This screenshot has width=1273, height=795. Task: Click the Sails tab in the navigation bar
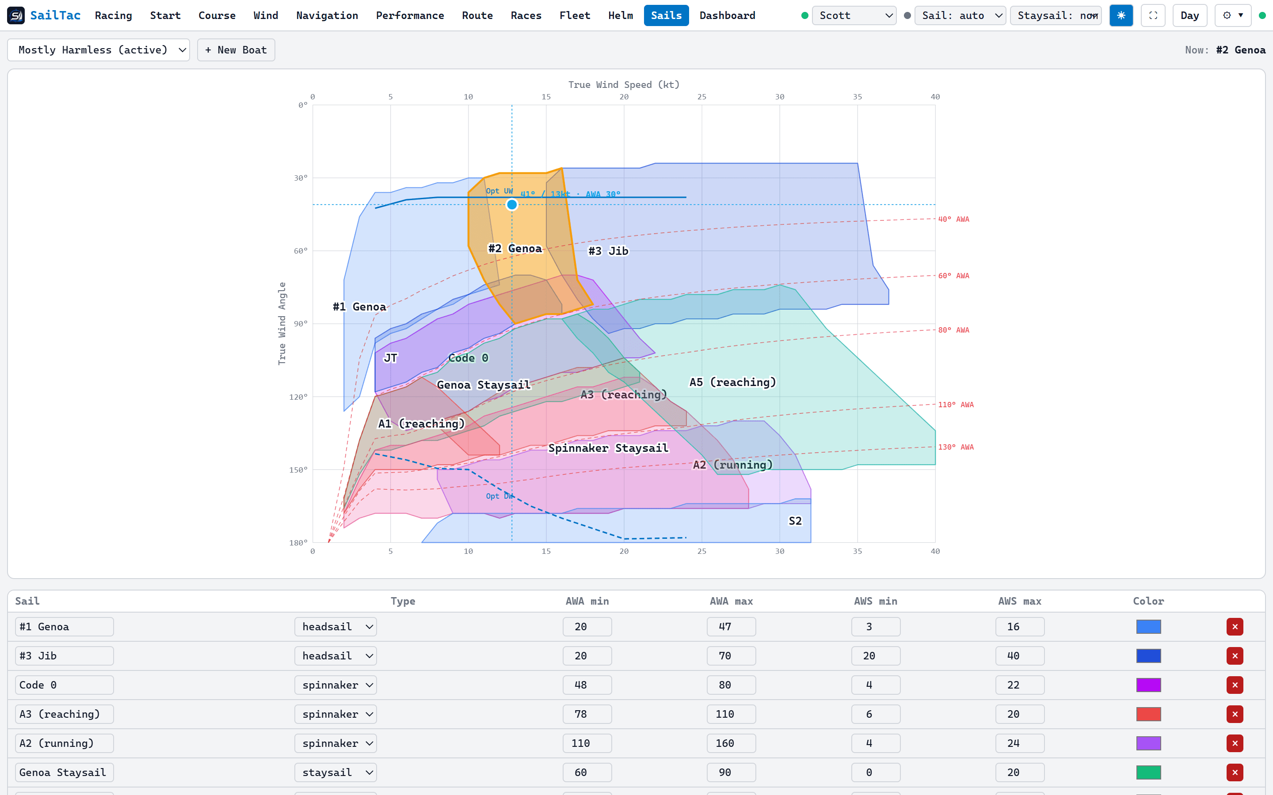point(666,16)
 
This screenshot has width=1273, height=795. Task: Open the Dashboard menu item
point(727,16)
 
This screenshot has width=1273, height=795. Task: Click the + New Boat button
point(236,50)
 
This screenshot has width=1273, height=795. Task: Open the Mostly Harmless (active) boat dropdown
point(99,50)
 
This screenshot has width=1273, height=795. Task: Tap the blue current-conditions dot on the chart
point(512,204)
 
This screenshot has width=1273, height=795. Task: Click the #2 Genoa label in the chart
point(515,248)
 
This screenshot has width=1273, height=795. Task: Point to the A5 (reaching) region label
point(732,382)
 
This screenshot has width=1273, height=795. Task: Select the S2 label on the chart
point(795,521)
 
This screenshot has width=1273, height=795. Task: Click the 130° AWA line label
point(956,447)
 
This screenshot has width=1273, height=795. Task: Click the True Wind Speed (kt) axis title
point(624,85)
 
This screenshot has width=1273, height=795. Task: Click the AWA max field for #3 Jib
point(731,656)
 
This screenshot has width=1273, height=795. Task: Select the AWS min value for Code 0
point(875,685)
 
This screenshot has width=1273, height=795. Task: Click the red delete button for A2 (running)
point(1235,743)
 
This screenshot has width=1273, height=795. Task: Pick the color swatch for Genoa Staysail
point(1148,772)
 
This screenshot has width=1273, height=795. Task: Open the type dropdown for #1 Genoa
point(335,627)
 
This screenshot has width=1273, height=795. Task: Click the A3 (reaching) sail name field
point(64,714)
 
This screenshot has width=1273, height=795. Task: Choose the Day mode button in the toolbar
point(1189,16)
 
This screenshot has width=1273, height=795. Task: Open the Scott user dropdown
point(854,16)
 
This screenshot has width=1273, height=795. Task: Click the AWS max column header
point(1019,601)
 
